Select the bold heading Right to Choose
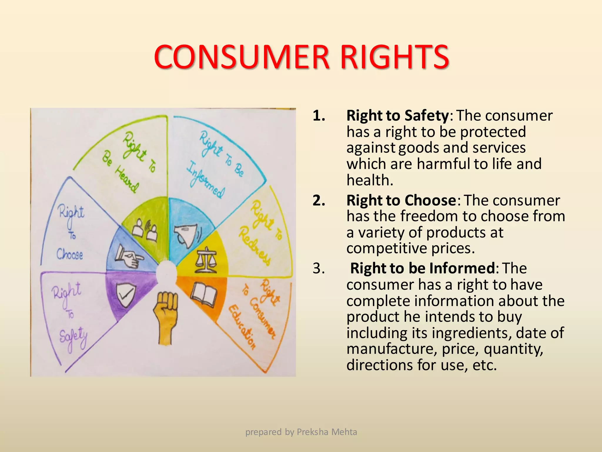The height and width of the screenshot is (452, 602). click(x=401, y=201)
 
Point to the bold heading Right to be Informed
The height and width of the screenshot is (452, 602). click(x=423, y=268)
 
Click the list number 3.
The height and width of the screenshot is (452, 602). click(x=319, y=268)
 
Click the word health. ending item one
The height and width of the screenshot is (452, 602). click(x=370, y=180)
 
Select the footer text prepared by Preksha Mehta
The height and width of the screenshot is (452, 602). click(x=301, y=432)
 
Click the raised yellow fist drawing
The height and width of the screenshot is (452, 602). click(x=165, y=316)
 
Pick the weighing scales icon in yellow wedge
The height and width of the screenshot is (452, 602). click(x=205, y=260)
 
